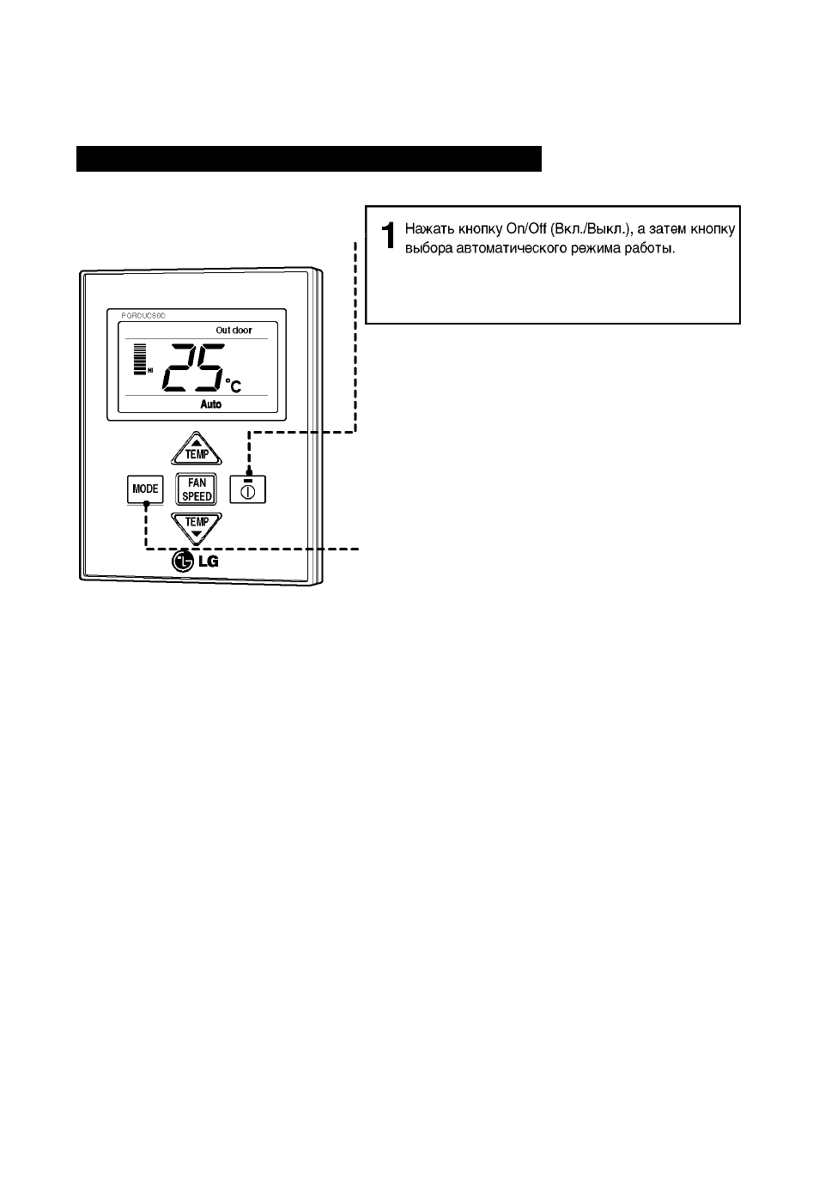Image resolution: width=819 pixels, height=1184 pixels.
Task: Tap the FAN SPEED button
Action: (x=196, y=489)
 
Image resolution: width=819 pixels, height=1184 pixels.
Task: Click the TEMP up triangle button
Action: (x=197, y=449)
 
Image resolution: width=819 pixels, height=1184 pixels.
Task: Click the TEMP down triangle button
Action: (x=197, y=528)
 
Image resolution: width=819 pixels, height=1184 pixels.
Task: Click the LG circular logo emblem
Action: (x=183, y=561)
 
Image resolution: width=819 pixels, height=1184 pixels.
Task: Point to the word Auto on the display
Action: (x=211, y=404)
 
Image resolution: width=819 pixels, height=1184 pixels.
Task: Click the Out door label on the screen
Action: (x=234, y=331)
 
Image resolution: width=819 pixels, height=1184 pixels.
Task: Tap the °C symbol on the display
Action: (x=233, y=386)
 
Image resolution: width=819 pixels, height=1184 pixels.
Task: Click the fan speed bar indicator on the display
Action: (x=139, y=360)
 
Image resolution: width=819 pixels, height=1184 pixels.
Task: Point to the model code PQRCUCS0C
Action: (x=143, y=316)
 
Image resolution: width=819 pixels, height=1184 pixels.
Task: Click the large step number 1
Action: (x=388, y=235)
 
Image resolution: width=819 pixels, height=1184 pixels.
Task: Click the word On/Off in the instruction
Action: (x=525, y=229)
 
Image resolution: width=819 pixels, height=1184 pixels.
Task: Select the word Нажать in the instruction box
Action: (x=430, y=229)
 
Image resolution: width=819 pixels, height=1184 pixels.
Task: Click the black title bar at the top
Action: (x=309, y=159)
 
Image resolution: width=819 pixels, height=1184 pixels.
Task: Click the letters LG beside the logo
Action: (x=209, y=562)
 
